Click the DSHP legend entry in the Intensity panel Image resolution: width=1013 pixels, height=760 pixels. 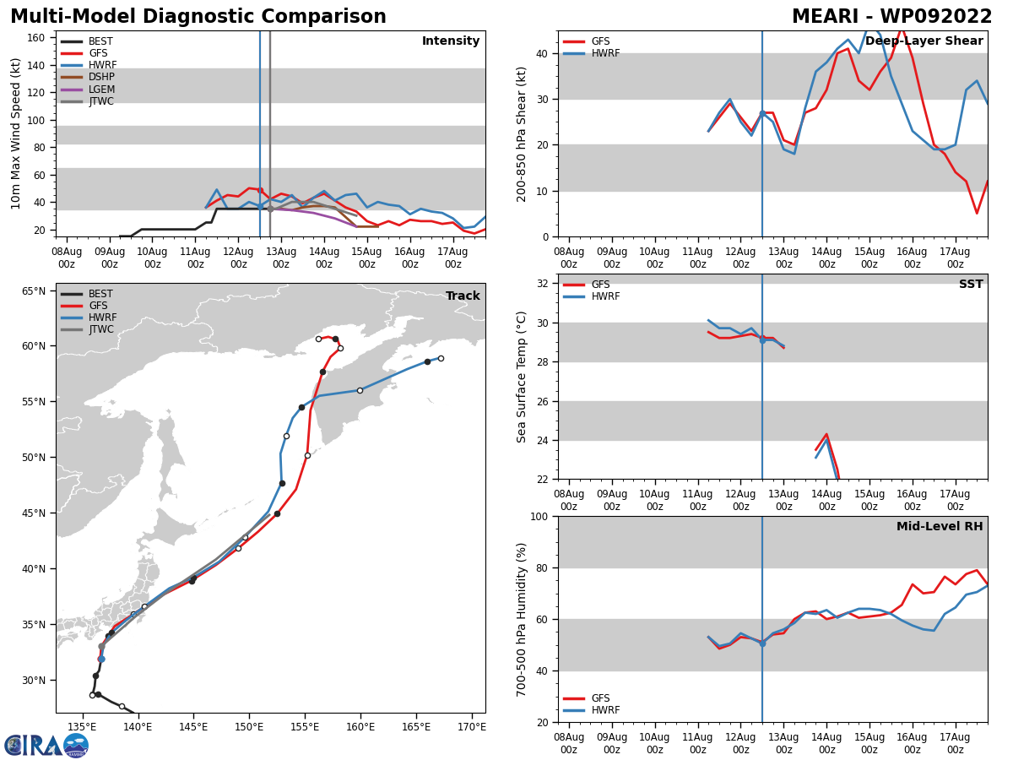[88, 77]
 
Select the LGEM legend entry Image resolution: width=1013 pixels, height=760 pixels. [88, 89]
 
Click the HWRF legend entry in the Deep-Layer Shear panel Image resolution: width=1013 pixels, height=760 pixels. [592, 53]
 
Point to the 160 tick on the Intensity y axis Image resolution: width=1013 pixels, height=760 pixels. [36, 38]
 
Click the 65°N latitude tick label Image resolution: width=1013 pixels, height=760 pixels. [34, 291]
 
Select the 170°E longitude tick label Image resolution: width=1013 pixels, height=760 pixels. [472, 727]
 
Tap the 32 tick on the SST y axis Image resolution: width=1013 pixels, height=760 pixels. [542, 284]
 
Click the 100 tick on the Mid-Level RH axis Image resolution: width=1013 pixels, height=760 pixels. [539, 516]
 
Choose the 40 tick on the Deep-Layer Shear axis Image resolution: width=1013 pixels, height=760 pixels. [542, 53]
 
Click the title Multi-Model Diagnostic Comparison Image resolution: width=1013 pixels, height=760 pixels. [198, 17]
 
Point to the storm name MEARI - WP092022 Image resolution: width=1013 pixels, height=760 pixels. [891, 17]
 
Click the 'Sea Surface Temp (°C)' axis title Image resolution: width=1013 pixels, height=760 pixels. [521, 377]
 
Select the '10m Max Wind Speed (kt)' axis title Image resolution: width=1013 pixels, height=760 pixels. [15, 133]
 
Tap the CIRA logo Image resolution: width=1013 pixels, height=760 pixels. [46, 746]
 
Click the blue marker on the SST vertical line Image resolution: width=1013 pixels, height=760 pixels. [762, 340]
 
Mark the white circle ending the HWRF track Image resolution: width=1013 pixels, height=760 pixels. [441, 359]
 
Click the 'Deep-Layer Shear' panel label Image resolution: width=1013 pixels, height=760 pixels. [924, 41]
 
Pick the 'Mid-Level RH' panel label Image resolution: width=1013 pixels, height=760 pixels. [940, 526]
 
